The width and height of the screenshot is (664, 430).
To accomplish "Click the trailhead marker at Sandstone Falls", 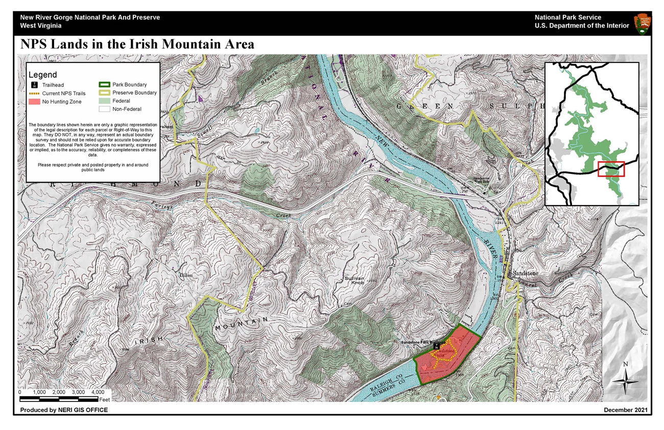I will coord(436,346).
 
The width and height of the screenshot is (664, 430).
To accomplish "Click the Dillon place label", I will coord(186,275).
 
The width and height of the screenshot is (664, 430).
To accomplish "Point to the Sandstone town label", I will coord(526,273).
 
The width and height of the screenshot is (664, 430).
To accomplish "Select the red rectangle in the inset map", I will coord(611,169).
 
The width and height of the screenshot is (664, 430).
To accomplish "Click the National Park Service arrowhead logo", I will coord(642,24).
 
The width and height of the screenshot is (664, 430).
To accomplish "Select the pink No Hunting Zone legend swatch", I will coord(35,102).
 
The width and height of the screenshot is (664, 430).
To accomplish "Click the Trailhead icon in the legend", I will coord(35,85).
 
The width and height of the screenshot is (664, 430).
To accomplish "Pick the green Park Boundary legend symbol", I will coord(104,85).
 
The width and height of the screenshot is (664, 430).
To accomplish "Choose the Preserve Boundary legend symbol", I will coord(104,93).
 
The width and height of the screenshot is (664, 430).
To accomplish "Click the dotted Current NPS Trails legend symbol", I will coord(35,94).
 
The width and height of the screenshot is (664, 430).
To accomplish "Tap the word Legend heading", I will coord(43,75).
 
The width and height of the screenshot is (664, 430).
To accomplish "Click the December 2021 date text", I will coord(626,410).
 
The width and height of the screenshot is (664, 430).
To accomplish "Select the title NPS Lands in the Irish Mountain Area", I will coord(137,44).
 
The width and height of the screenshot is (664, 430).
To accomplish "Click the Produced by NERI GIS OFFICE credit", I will coord(64,410).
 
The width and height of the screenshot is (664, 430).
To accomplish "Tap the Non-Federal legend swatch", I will coord(104,109).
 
